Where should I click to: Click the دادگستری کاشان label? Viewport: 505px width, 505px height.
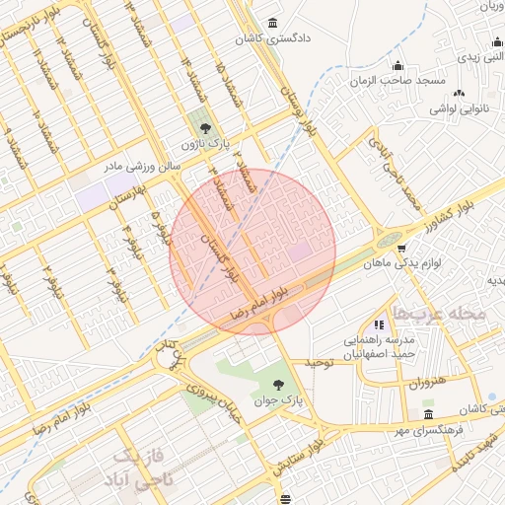click(x=271, y=40)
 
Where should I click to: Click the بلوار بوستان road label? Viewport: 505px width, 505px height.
click(x=299, y=108)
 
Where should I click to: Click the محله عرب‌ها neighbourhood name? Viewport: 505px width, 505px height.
click(x=439, y=313)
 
